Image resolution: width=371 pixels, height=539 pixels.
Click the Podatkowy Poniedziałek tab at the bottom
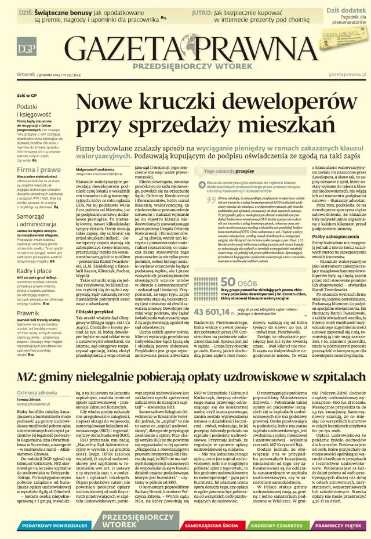click(42, 526)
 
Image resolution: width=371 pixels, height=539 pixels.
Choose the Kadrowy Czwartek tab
click(271, 526)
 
